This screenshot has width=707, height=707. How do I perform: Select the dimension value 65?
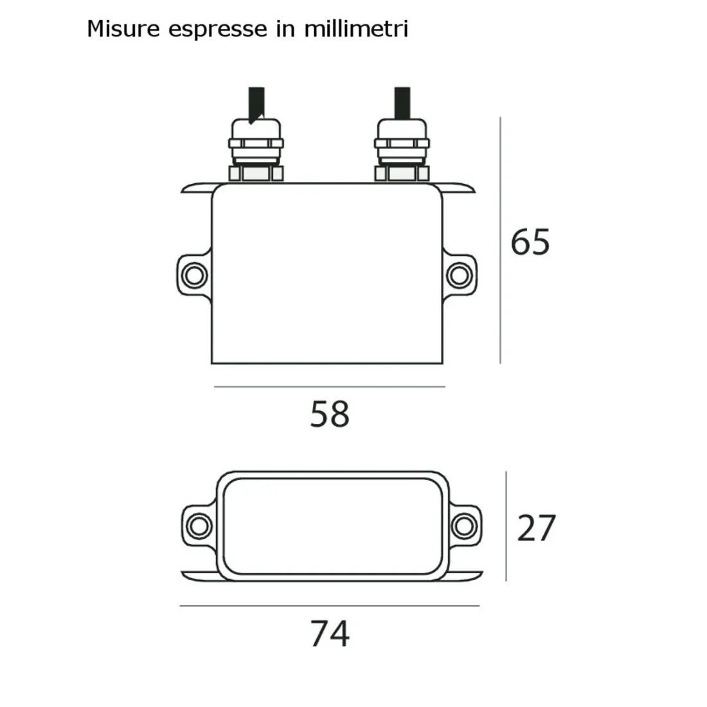pyautogui.click(x=530, y=242)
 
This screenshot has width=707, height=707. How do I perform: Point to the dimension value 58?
pyautogui.click(x=330, y=414)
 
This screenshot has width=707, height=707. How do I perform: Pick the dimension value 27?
pyautogui.click(x=536, y=528)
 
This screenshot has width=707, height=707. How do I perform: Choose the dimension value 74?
pyautogui.click(x=330, y=634)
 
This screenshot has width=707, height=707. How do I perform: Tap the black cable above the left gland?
pyautogui.click(x=255, y=102)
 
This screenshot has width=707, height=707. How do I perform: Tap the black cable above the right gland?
pyautogui.click(x=402, y=102)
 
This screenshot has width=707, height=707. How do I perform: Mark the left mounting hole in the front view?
pyautogui.click(x=192, y=275)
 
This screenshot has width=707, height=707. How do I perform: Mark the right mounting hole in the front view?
pyautogui.click(x=459, y=275)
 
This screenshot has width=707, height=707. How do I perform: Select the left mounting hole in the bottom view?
pyautogui.click(x=197, y=526)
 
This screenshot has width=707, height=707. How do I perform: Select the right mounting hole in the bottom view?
pyautogui.click(x=463, y=526)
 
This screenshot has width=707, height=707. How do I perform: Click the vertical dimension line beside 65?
pyautogui.click(x=501, y=241)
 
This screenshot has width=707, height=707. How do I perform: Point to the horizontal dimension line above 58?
pyautogui.click(x=330, y=387)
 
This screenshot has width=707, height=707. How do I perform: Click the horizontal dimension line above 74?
pyautogui.click(x=330, y=606)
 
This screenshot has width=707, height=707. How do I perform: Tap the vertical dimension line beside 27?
pyautogui.click(x=506, y=526)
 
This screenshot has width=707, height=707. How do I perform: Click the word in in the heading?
pyautogui.click(x=285, y=30)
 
